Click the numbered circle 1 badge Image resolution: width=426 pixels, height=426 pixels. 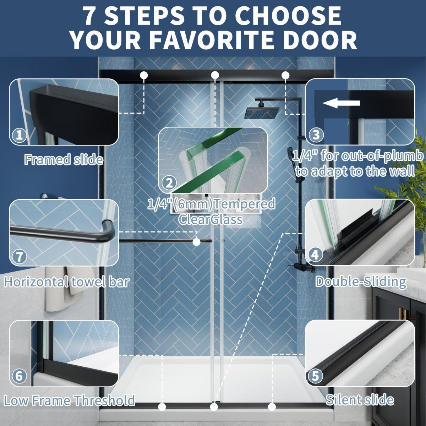tap(20, 135)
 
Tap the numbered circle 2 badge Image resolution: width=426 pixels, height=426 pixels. tap(169, 183)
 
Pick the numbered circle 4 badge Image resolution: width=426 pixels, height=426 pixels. tap(315, 255)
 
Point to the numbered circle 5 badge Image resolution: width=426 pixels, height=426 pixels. tap(315, 376)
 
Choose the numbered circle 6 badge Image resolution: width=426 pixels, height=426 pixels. tap(19, 376)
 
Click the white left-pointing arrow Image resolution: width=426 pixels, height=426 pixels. tap(341, 103)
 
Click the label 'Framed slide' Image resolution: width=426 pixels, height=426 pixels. tap(64, 159)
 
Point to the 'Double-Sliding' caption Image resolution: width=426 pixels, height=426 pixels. tap(361, 282)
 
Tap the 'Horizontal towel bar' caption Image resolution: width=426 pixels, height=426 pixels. tap(67, 282)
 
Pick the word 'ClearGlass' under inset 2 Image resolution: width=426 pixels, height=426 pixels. tap(211, 219)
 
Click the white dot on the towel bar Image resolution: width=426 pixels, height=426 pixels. tap(196, 242)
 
